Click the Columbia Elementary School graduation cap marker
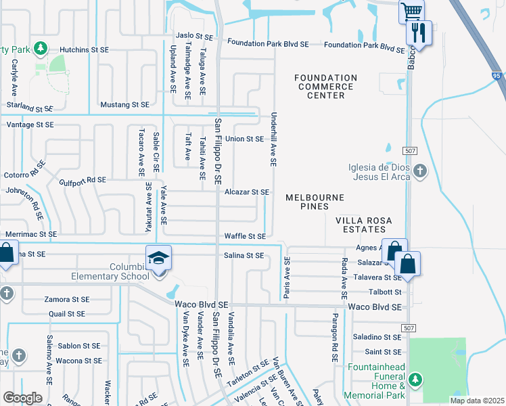(x=159, y=258)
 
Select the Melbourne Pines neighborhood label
(x=315, y=202)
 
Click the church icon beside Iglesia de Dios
(x=421, y=170)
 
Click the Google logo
(x=22, y=397)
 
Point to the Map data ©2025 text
(x=476, y=401)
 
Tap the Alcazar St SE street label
(x=247, y=192)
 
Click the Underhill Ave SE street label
(x=274, y=139)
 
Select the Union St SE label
(x=244, y=139)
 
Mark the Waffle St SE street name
(x=246, y=236)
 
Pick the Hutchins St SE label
(x=84, y=49)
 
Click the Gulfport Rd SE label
(x=83, y=180)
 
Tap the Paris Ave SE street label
(x=287, y=278)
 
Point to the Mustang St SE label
(x=124, y=105)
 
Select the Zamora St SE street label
(x=66, y=299)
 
